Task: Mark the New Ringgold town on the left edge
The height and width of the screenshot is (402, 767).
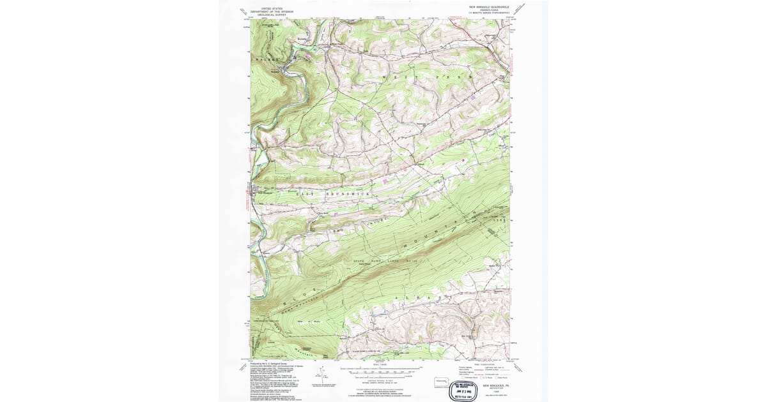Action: click(x=256, y=190)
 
